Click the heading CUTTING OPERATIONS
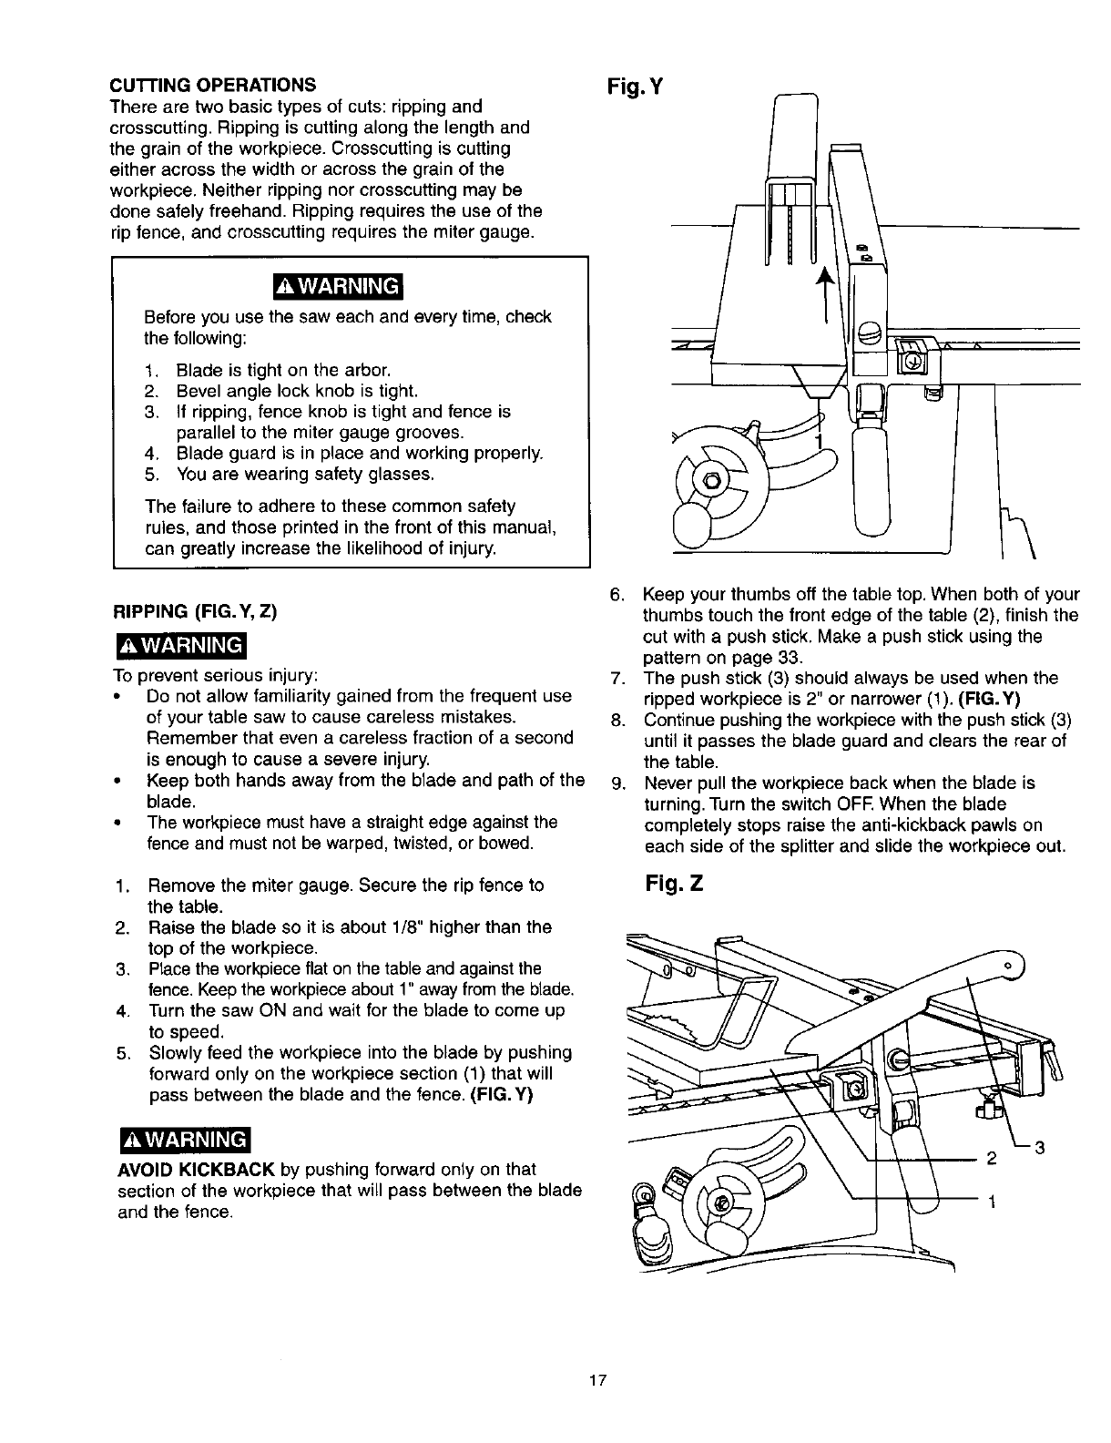coord(213,85)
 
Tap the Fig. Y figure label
coord(634,87)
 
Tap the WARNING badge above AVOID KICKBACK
coord(184,1141)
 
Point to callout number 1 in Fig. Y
coord(818,442)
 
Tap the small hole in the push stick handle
coord(1009,966)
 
